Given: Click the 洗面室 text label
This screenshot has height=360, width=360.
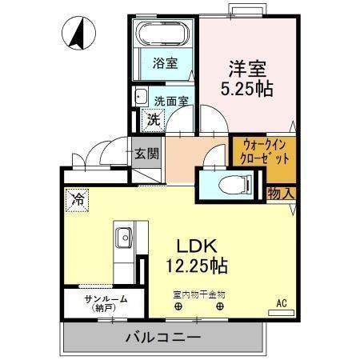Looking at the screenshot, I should [171, 102].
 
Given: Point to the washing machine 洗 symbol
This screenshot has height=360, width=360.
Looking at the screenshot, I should [151, 121].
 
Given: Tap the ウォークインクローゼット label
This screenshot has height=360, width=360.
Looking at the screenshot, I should [265, 152].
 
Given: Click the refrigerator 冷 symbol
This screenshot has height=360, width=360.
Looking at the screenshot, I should [78, 198].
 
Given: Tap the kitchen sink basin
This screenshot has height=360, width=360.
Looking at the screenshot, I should [124, 238].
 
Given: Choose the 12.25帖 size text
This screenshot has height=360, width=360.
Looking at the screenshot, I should [197, 265].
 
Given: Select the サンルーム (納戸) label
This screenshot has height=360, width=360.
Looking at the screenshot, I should [105, 302].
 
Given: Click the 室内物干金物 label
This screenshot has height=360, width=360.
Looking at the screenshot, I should [198, 294].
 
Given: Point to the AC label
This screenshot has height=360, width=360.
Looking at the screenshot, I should [282, 302].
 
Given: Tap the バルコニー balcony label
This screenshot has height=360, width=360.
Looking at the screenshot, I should [162, 338].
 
